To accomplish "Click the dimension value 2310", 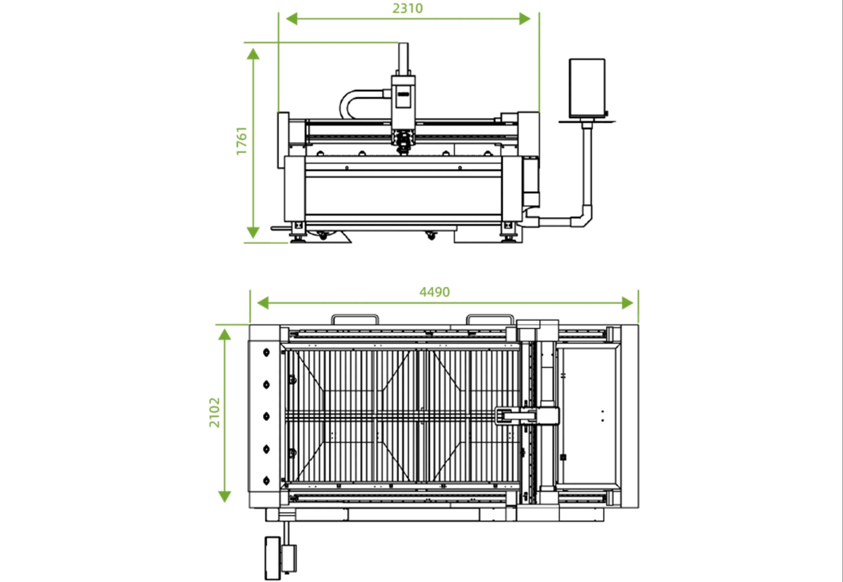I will pyautogui.click(x=408, y=8).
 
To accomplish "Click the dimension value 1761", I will pyautogui.click(x=242, y=141).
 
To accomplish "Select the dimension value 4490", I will pyautogui.click(x=434, y=292).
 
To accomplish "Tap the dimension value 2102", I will pyautogui.click(x=214, y=413).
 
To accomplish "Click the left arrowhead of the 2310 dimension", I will pyautogui.click(x=291, y=19).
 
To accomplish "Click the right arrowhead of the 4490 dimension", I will pyautogui.click(x=627, y=303).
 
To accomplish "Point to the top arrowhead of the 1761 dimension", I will pyautogui.click(x=253, y=54).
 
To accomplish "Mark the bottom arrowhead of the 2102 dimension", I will pyautogui.click(x=225, y=496).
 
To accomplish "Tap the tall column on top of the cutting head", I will pyautogui.click(x=403, y=58).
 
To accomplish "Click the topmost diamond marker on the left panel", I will pyautogui.click(x=266, y=352).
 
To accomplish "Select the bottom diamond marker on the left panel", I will pyautogui.click(x=266, y=481).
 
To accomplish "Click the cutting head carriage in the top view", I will pyautogui.click(x=527, y=416).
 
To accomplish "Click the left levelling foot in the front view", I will pyautogui.click(x=298, y=239).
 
